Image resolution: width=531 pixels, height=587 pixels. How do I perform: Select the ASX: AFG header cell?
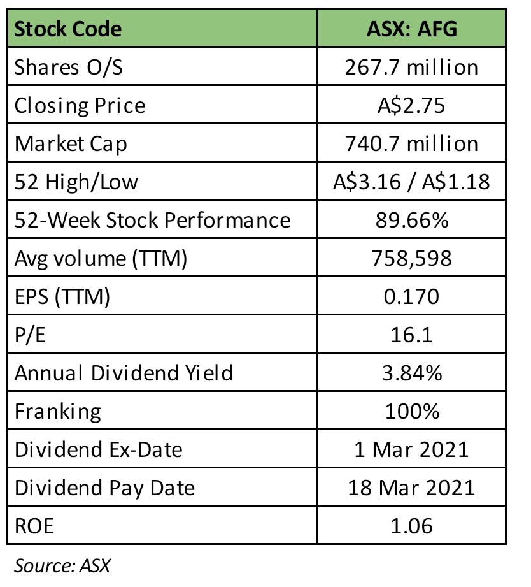[412, 29]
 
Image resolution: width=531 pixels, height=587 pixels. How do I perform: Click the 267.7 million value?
[412, 67]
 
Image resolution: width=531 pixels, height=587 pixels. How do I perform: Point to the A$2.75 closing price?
[412, 105]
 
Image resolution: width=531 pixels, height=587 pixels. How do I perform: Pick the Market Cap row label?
[71, 143]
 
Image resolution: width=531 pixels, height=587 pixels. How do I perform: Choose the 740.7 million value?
[412, 143]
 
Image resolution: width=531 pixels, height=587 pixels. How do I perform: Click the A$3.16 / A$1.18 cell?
[412, 182]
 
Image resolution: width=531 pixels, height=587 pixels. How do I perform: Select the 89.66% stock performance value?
[412, 220]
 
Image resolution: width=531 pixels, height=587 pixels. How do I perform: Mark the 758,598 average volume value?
[412, 258]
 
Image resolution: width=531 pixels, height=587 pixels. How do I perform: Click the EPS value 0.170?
[412, 296]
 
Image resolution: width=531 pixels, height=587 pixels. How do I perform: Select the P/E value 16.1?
[412, 335]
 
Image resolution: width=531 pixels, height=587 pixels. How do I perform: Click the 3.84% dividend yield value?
[412, 373]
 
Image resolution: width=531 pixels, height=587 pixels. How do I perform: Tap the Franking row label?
[58, 411]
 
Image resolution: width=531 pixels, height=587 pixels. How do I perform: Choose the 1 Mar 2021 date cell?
[412, 449]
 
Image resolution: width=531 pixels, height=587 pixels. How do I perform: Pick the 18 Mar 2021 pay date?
[412, 488]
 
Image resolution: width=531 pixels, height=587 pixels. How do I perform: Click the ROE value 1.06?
[412, 526]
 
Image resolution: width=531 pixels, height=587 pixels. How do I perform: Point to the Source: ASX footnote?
[63, 565]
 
